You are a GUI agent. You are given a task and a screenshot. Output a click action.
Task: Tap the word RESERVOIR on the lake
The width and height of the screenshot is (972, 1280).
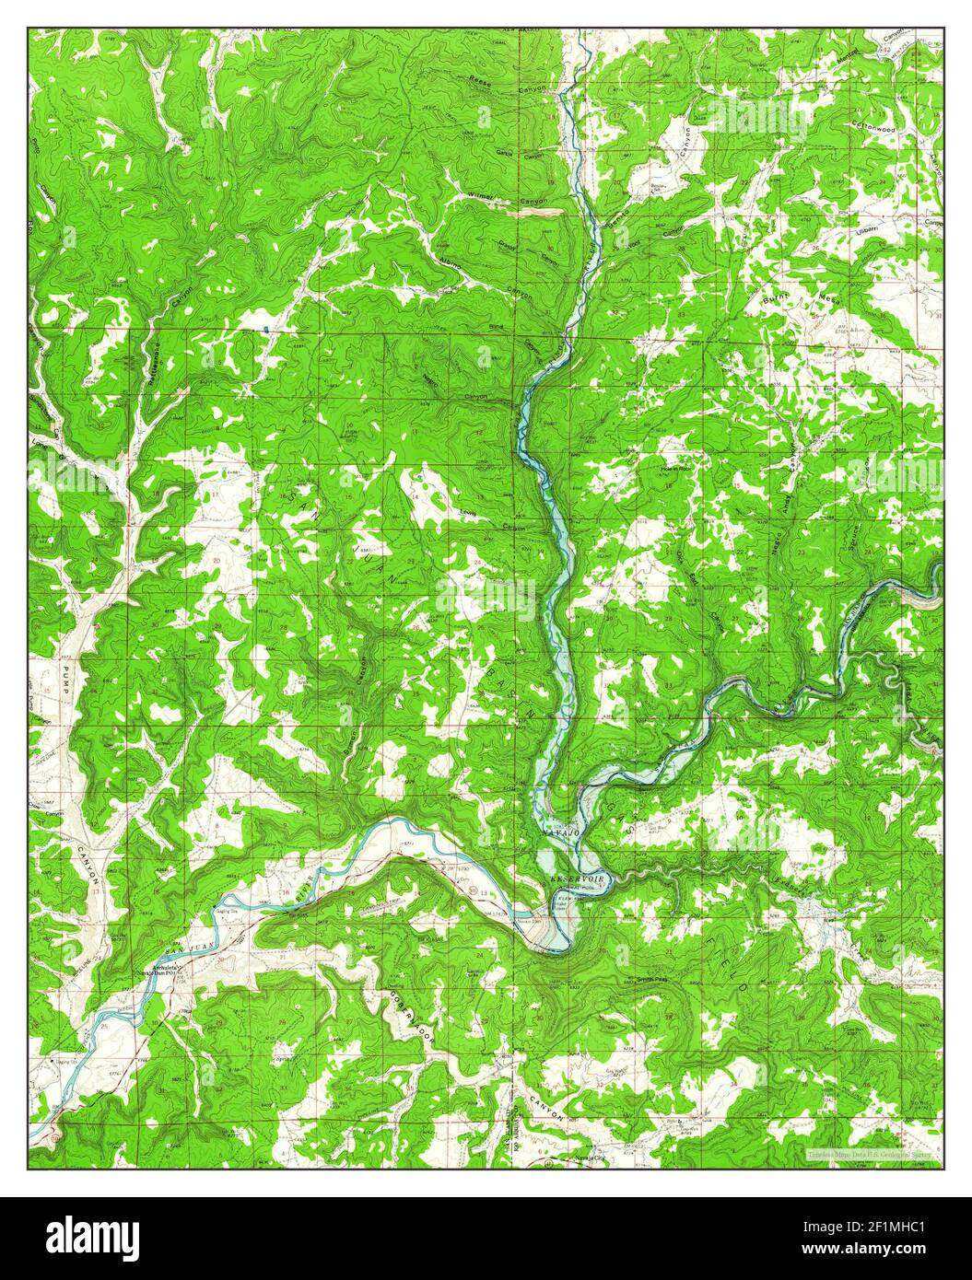coord(578,881)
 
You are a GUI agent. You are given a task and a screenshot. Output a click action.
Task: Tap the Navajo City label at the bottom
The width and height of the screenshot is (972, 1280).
coord(588,1158)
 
